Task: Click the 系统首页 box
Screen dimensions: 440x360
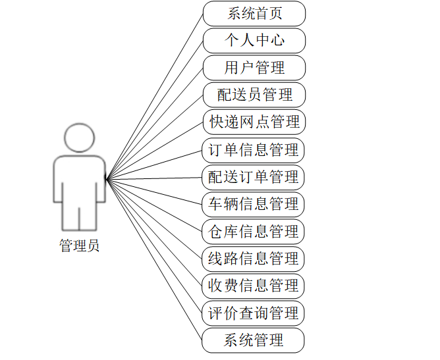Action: pyautogui.click(x=254, y=13)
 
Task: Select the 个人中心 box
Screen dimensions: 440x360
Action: pyautogui.click(x=254, y=40)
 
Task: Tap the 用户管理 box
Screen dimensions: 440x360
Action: pyautogui.click(x=254, y=68)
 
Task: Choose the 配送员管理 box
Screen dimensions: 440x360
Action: pyautogui.click(x=254, y=95)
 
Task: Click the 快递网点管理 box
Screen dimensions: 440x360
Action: pyautogui.click(x=254, y=122)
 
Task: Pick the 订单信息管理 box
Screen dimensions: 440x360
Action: pyautogui.click(x=254, y=150)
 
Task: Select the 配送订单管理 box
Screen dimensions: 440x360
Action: pyautogui.click(x=254, y=177)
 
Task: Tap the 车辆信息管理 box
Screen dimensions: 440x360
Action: pyautogui.click(x=254, y=204)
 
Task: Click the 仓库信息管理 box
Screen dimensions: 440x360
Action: pyautogui.click(x=254, y=232)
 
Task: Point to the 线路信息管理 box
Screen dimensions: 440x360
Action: pyautogui.click(x=254, y=259)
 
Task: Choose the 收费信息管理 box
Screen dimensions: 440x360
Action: pyautogui.click(x=254, y=286)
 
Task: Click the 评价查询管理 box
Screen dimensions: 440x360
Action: pyautogui.click(x=254, y=313)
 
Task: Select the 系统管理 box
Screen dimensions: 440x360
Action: pyautogui.click(x=254, y=340)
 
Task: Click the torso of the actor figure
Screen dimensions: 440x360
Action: pyautogui.click(x=79, y=181)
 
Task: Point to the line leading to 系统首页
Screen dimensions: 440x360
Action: pyautogui.click(x=155, y=95)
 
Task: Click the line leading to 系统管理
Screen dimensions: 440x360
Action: pyautogui.click(x=155, y=260)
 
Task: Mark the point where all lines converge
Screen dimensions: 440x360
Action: pyautogui.click(x=107, y=178)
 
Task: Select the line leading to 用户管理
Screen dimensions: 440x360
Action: pyautogui.click(x=155, y=123)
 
